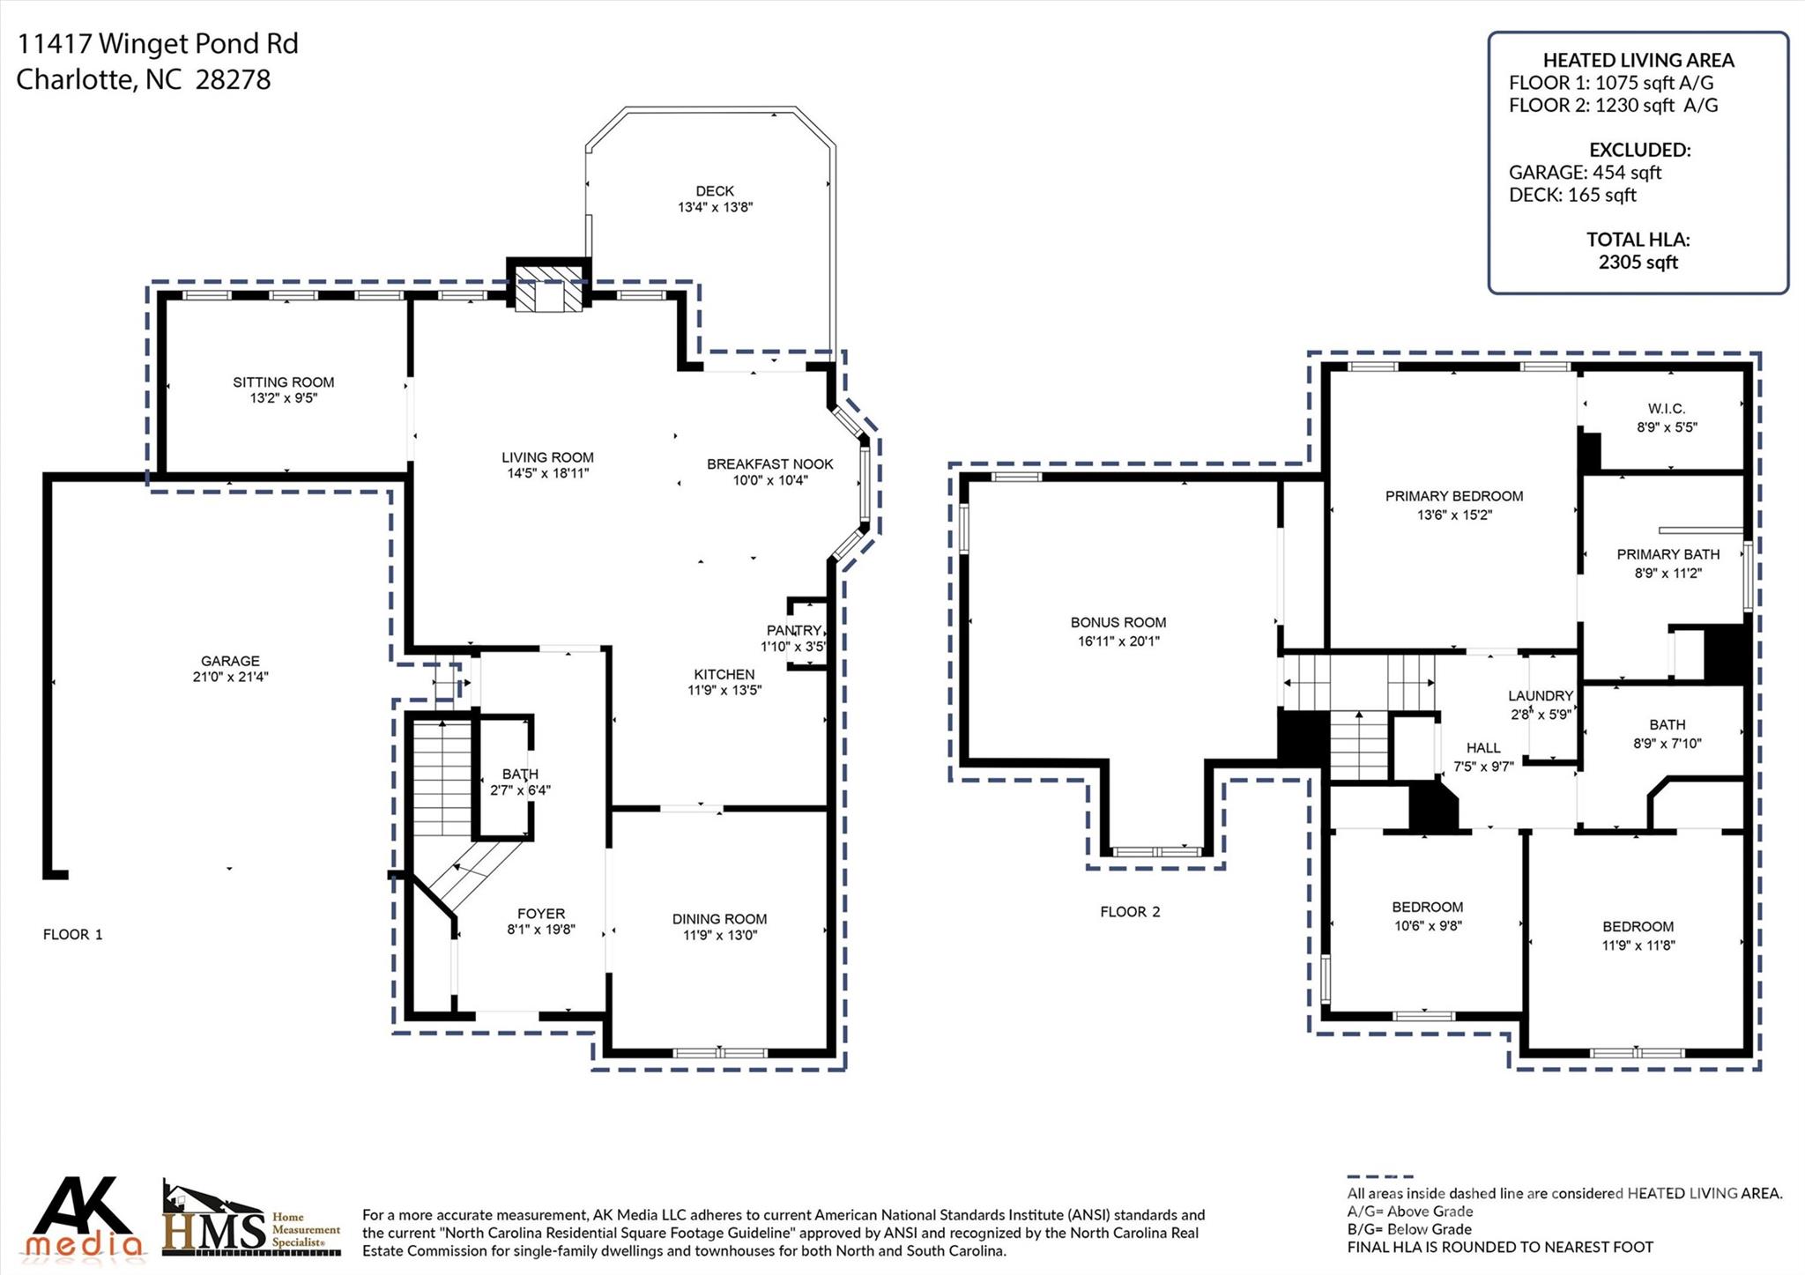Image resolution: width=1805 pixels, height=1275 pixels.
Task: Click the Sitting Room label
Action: click(x=283, y=382)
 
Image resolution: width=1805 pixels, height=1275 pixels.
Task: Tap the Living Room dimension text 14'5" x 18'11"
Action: click(x=547, y=473)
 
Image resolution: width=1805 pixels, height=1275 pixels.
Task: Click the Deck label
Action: click(x=715, y=190)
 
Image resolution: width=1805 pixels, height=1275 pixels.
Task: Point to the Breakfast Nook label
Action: click(x=769, y=463)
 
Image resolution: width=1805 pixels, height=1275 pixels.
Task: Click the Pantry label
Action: click(x=794, y=630)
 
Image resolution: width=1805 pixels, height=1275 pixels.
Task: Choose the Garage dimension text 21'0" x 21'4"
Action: click(x=230, y=677)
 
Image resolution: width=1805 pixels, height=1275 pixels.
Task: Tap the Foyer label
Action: click(x=541, y=914)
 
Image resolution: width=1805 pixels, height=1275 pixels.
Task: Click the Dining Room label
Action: click(x=719, y=918)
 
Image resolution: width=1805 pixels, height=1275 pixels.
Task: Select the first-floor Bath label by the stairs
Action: click(x=520, y=774)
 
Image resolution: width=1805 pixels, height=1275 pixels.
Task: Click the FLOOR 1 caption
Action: click(x=73, y=934)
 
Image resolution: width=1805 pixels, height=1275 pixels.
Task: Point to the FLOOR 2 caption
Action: click(x=1130, y=911)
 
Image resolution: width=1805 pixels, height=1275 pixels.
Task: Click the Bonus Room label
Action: click(x=1118, y=622)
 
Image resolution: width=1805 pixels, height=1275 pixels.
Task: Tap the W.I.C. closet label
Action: click(x=1666, y=409)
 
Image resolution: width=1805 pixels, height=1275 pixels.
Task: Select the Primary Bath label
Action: click(x=1668, y=554)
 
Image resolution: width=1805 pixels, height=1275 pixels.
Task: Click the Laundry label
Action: click(x=1540, y=695)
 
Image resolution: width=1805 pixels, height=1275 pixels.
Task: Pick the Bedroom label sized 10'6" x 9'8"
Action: click(x=1427, y=907)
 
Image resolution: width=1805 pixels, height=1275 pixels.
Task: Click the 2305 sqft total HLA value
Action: click(x=1638, y=262)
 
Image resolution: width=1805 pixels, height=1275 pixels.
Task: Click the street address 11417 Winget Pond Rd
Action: click(x=158, y=43)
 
